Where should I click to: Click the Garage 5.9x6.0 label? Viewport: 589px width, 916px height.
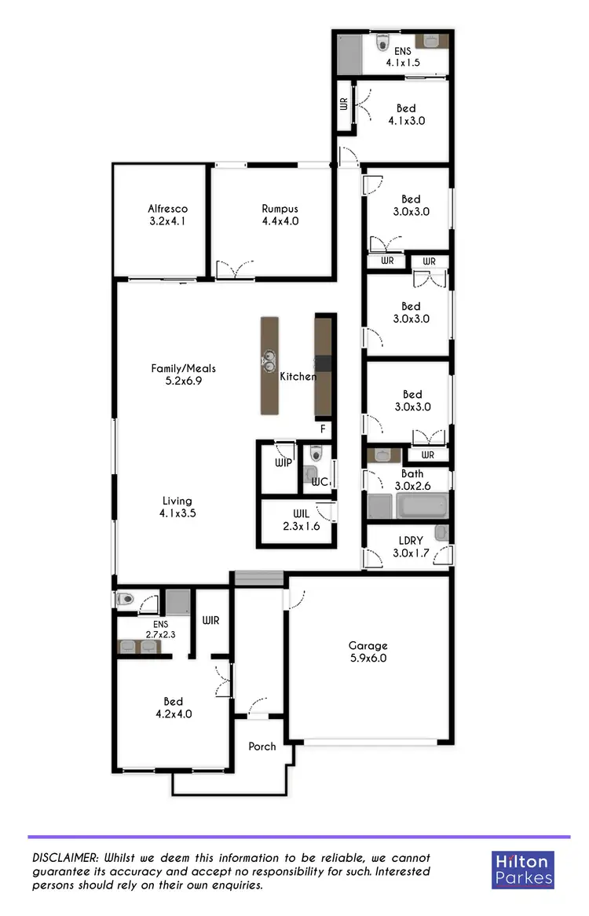pos(368,652)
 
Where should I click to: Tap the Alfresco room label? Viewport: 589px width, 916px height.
pos(168,215)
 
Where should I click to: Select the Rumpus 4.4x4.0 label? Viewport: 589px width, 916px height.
pos(280,215)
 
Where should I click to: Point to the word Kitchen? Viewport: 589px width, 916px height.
pos(298,377)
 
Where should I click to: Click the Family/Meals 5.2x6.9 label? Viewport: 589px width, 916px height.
pos(183,374)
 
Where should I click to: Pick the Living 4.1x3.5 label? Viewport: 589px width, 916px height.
pos(177,507)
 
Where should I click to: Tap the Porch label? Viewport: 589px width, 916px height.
pos(262,746)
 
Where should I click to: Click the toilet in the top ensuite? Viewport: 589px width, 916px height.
pos(382,42)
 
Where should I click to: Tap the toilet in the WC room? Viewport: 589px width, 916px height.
pos(316,454)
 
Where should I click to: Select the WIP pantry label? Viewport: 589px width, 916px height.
pos(283,463)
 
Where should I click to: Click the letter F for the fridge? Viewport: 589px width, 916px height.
pos(322,429)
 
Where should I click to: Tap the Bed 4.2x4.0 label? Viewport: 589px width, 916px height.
pos(174,708)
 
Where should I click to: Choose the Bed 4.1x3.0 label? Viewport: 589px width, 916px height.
pos(406,115)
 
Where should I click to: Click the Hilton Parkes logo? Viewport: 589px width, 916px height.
pos(523,870)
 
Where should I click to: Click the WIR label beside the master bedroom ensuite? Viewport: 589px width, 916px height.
pos(210,620)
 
